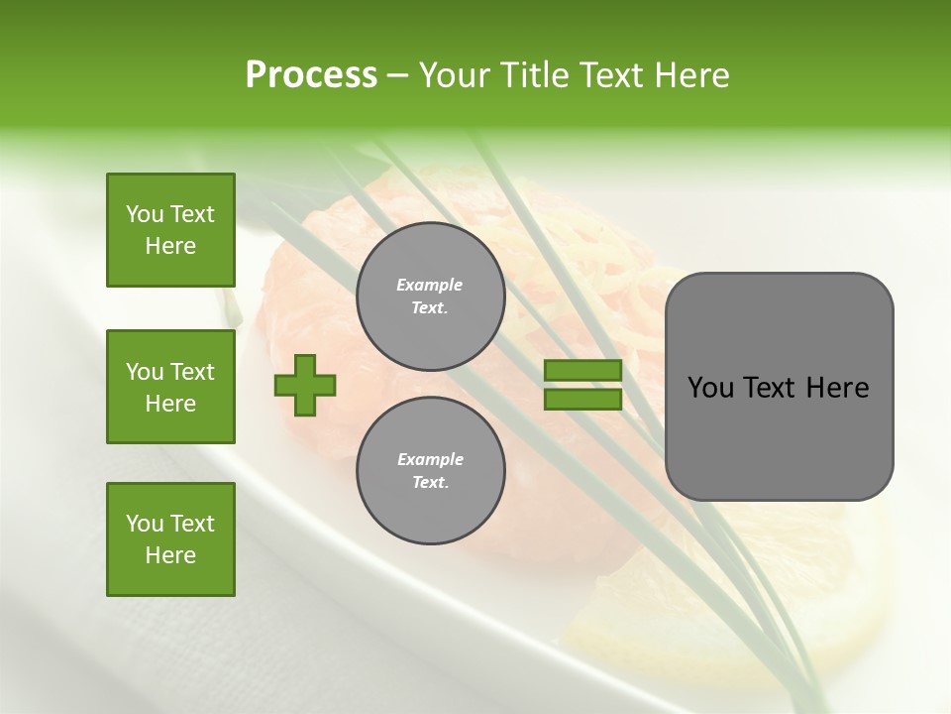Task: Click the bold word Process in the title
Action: point(311,75)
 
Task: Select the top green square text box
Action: point(170,230)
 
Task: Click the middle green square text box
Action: point(170,387)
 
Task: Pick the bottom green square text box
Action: point(170,539)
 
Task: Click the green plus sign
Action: point(305,386)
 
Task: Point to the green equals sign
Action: point(582,385)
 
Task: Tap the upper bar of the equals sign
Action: point(582,371)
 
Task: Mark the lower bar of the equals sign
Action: point(582,399)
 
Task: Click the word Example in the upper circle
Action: point(430,285)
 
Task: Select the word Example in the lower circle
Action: point(430,459)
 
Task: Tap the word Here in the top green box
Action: point(170,246)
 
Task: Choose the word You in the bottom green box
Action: point(145,524)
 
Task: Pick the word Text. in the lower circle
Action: point(430,483)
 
